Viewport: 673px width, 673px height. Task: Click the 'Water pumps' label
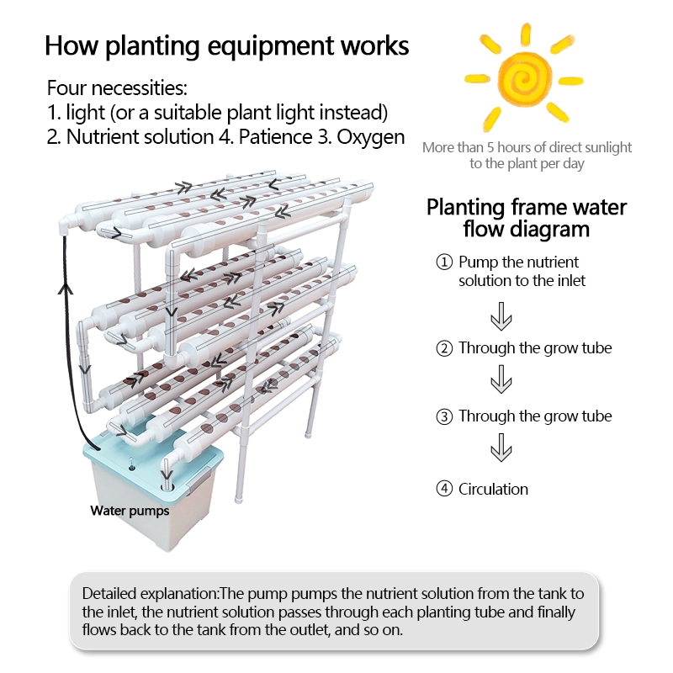point(130,511)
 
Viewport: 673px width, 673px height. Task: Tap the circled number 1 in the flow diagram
point(445,262)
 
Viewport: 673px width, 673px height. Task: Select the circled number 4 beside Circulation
point(445,489)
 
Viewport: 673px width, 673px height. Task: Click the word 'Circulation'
point(493,489)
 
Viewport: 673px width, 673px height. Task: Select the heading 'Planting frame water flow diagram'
point(527,217)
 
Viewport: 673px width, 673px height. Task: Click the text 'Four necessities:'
point(117,87)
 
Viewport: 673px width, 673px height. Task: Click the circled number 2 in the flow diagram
point(445,348)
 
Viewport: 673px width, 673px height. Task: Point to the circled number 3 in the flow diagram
point(445,416)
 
